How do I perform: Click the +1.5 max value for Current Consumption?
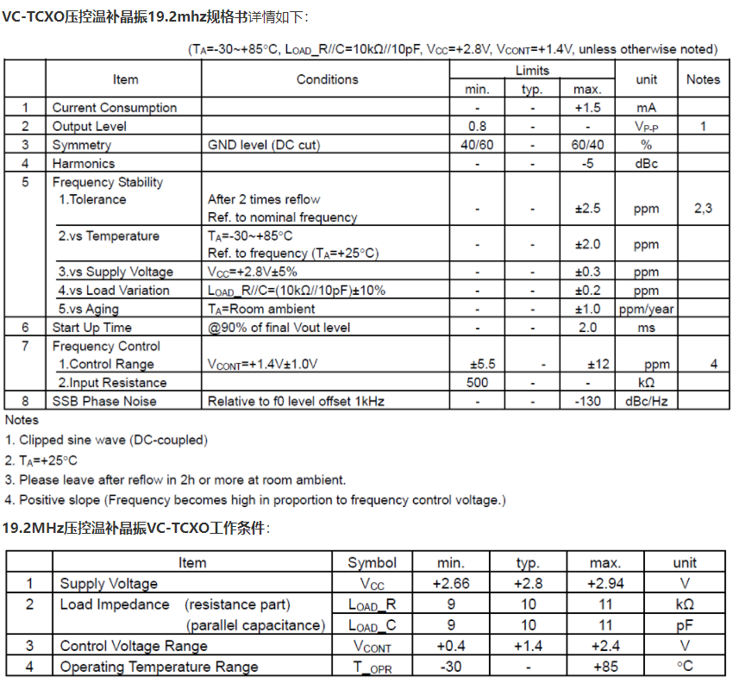point(587,108)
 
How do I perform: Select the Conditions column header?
point(327,79)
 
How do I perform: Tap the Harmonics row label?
point(83,163)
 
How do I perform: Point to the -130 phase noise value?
point(587,401)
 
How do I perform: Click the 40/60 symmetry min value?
point(477,145)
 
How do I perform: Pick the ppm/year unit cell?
point(646,309)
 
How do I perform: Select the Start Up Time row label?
point(92,328)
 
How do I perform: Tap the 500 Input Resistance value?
point(477,382)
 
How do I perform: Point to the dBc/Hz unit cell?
point(646,401)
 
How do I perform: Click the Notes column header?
point(703,79)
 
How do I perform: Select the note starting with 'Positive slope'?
point(262,500)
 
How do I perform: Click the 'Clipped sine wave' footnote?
point(113,440)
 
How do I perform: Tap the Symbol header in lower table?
point(373,562)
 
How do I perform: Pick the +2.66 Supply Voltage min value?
point(451,584)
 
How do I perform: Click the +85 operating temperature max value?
point(605,667)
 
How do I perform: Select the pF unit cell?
point(685,625)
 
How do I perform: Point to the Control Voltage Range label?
point(134,646)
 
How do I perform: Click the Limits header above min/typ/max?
point(532,70)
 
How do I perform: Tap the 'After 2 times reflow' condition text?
point(264,199)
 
